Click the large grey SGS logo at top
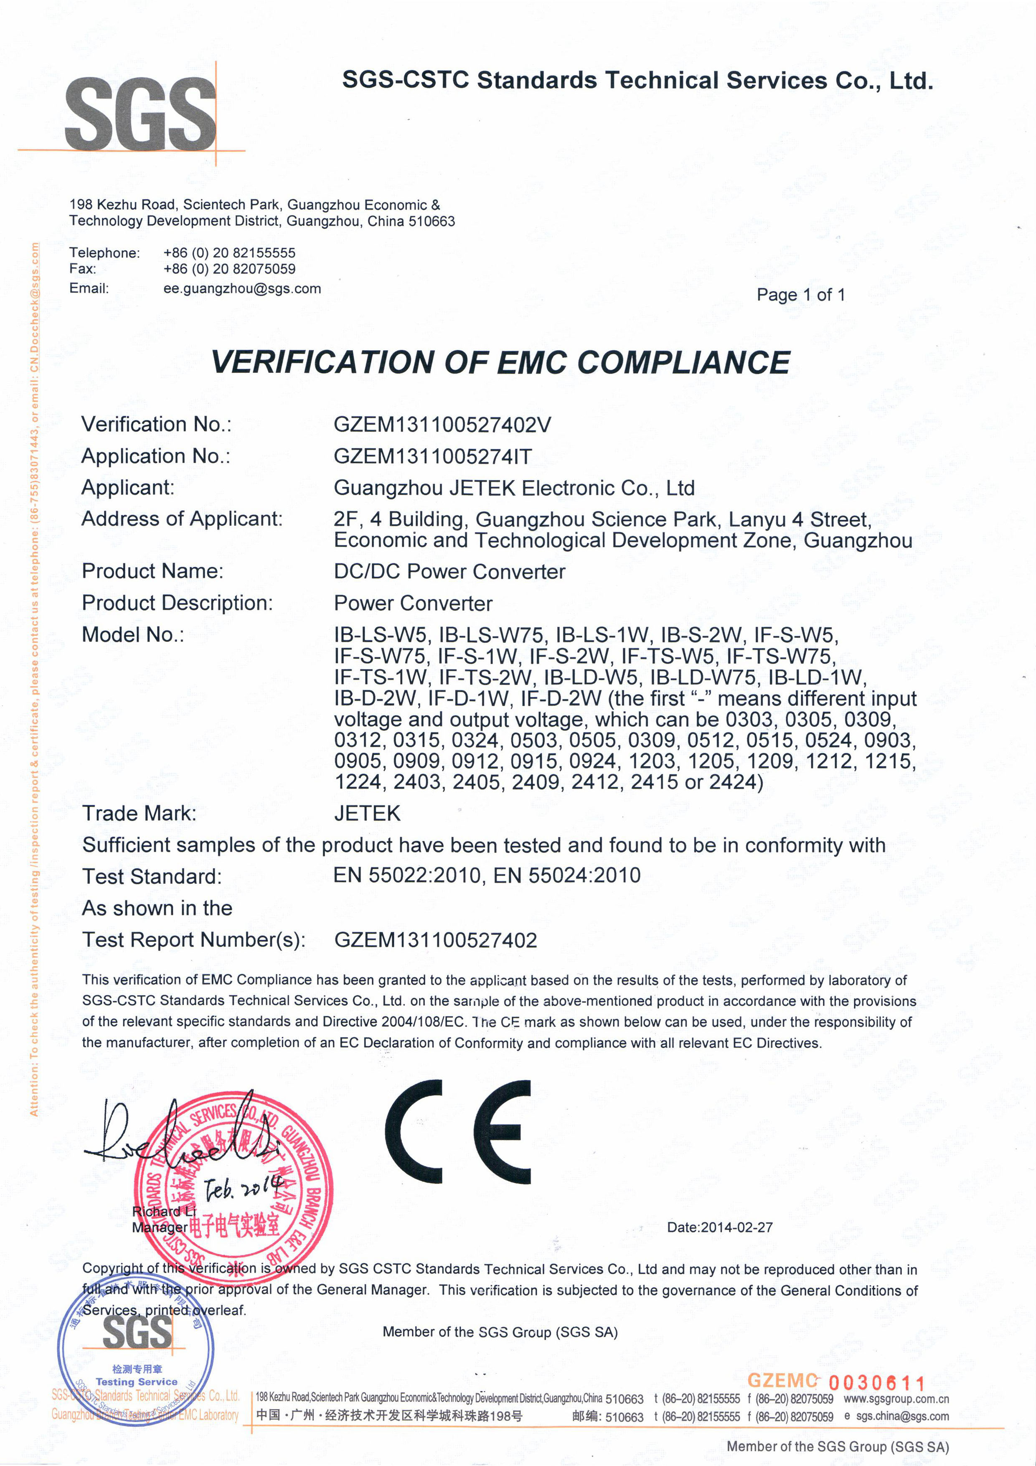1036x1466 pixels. tap(140, 114)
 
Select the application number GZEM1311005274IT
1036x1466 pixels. tap(432, 456)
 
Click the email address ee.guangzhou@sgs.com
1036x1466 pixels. tap(242, 289)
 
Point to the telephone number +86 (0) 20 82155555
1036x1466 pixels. tap(229, 253)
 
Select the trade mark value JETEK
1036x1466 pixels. tap(367, 814)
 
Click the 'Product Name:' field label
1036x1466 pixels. tap(152, 571)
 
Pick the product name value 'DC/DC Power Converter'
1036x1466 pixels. tap(449, 571)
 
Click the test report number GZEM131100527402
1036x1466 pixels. tap(435, 940)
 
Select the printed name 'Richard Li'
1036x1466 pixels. tap(163, 1211)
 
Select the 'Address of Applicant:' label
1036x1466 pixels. tap(182, 519)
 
